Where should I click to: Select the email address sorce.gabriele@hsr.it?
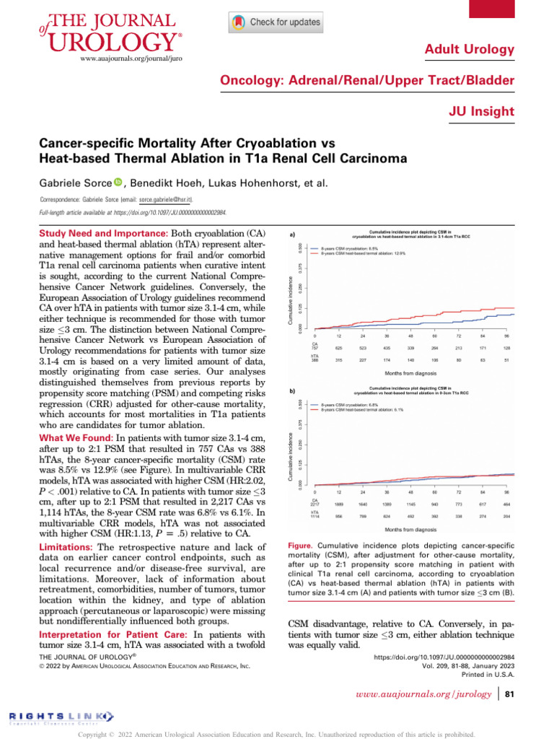(x=166, y=198)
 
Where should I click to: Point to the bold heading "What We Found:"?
(x=76, y=437)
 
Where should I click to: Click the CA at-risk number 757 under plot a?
(x=315, y=348)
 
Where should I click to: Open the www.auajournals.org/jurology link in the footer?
(x=425, y=696)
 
